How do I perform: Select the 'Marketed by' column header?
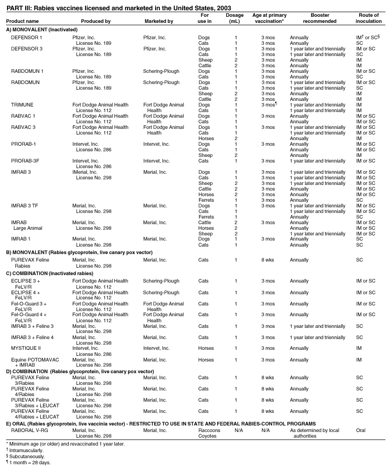[159, 21]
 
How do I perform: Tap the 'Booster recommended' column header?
[320, 18]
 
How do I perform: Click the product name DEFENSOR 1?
[27, 37]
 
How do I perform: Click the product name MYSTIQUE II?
[26, 348]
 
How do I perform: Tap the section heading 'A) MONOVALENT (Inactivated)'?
[35, 29]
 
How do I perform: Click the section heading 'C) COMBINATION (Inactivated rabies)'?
[50, 273]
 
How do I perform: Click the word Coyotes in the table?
[207, 436]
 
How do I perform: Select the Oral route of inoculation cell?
[361, 430]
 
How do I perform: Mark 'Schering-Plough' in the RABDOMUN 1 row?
[161, 71]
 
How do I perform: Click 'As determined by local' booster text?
[314, 430]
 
